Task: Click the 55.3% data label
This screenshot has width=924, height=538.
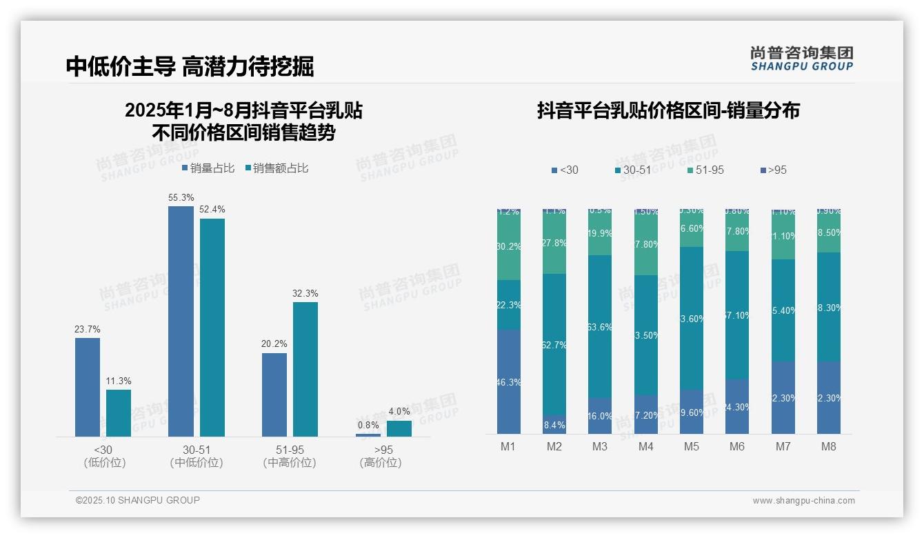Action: tap(181, 198)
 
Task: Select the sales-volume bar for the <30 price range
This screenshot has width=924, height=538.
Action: tap(88, 387)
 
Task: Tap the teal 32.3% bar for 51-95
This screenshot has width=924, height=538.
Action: tap(305, 369)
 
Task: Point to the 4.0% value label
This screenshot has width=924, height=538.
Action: tap(399, 412)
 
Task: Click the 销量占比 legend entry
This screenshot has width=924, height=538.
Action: tap(208, 168)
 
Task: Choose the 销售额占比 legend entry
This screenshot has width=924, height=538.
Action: tap(277, 168)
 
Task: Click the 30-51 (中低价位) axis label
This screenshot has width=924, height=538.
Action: tap(197, 456)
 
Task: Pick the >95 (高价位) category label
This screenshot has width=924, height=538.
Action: tap(381, 456)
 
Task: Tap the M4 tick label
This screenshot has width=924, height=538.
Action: tap(645, 446)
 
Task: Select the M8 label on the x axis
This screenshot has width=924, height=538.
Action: tap(828, 446)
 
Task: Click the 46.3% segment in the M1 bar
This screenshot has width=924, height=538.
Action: tap(509, 381)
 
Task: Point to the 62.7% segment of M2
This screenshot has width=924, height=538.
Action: tap(554, 344)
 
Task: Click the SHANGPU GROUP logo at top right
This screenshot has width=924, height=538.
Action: tap(801, 58)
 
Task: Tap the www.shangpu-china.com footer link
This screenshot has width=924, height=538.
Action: tap(803, 501)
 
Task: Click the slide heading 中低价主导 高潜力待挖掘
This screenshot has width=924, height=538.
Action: tap(190, 66)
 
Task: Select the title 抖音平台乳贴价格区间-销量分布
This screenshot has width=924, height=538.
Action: tap(668, 111)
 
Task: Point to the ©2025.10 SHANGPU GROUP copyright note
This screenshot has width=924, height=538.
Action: tap(138, 500)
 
